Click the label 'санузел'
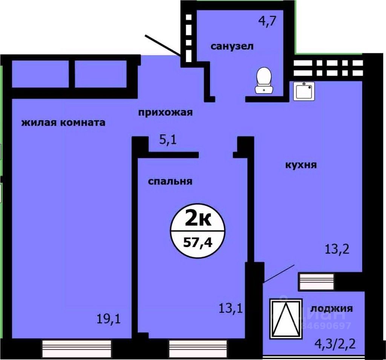232,47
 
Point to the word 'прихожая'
165,112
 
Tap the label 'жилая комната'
63,123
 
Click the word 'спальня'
170,181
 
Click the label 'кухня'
300,165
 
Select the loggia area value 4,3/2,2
335,343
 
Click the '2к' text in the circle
198,220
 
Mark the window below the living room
77,345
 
